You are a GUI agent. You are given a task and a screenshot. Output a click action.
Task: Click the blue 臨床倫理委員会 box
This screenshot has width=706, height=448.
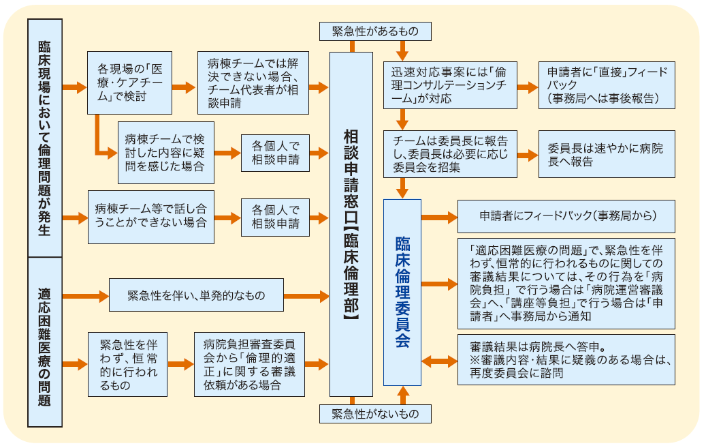pyautogui.click(x=402, y=293)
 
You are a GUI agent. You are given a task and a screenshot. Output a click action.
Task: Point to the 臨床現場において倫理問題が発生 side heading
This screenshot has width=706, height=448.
pyautogui.click(x=44, y=137)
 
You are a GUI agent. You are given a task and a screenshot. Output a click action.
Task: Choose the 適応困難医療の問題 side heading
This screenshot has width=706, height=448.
pyautogui.click(x=44, y=342)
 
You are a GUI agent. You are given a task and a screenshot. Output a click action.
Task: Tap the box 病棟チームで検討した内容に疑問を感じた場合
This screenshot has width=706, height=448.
pyautogui.click(x=166, y=153)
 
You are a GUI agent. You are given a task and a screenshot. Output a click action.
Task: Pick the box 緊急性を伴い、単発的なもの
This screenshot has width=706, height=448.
pyautogui.click(x=196, y=296)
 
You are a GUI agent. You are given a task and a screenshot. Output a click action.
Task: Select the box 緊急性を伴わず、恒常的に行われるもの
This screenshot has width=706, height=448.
pyautogui.click(x=128, y=364)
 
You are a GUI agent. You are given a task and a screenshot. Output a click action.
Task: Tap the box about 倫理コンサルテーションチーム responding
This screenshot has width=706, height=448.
pyautogui.click(x=449, y=85)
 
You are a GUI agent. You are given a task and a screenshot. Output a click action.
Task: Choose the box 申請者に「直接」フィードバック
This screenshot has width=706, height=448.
pyautogui.click(x=607, y=85)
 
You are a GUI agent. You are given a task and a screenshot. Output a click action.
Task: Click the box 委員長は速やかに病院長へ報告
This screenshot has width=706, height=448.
pyautogui.click(x=607, y=154)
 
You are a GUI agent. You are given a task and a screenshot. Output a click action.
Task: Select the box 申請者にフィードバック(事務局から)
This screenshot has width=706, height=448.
pyautogui.click(x=566, y=216)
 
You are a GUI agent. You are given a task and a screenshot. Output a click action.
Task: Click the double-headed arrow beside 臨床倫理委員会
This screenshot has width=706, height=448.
pyautogui.click(x=440, y=361)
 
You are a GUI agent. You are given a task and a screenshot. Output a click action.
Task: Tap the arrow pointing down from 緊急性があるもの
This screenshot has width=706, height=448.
pyautogui.click(x=402, y=50)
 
